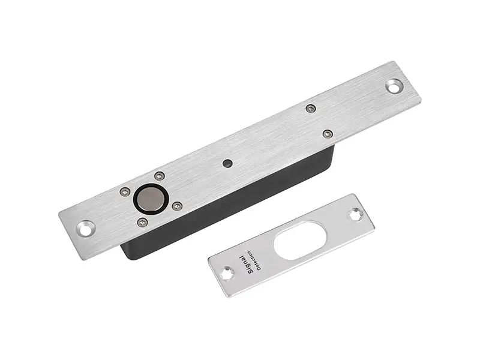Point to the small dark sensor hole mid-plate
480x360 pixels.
coord(226,163)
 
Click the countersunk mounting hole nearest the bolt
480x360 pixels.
coord(85,228)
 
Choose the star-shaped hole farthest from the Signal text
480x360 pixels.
coord(356,213)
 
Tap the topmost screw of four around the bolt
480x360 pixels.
coord(159,176)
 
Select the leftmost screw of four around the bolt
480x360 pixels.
coord(125,192)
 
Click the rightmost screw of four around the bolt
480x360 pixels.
coord(176,206)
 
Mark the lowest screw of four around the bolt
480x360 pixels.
coord(142,222)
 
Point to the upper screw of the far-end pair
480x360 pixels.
coord(310,109)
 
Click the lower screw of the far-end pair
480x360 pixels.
coord(327,134)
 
